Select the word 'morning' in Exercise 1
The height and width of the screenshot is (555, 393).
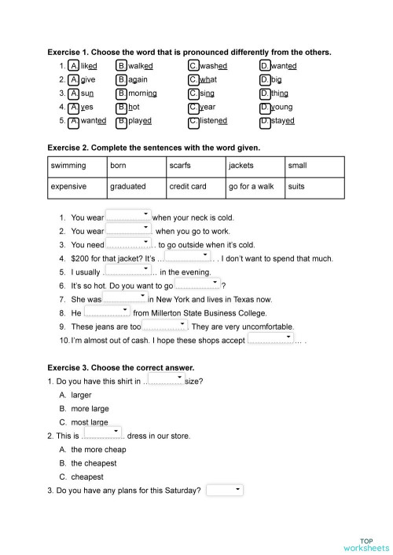coord(143,93)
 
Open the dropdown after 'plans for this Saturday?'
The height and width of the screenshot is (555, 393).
coord(226,490)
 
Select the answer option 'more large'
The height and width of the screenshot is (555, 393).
coord(90,409)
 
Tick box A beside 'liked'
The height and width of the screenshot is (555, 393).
coord(73,66)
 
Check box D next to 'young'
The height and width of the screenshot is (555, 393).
coord(265,108)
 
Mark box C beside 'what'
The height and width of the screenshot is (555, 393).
coord(193,79)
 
